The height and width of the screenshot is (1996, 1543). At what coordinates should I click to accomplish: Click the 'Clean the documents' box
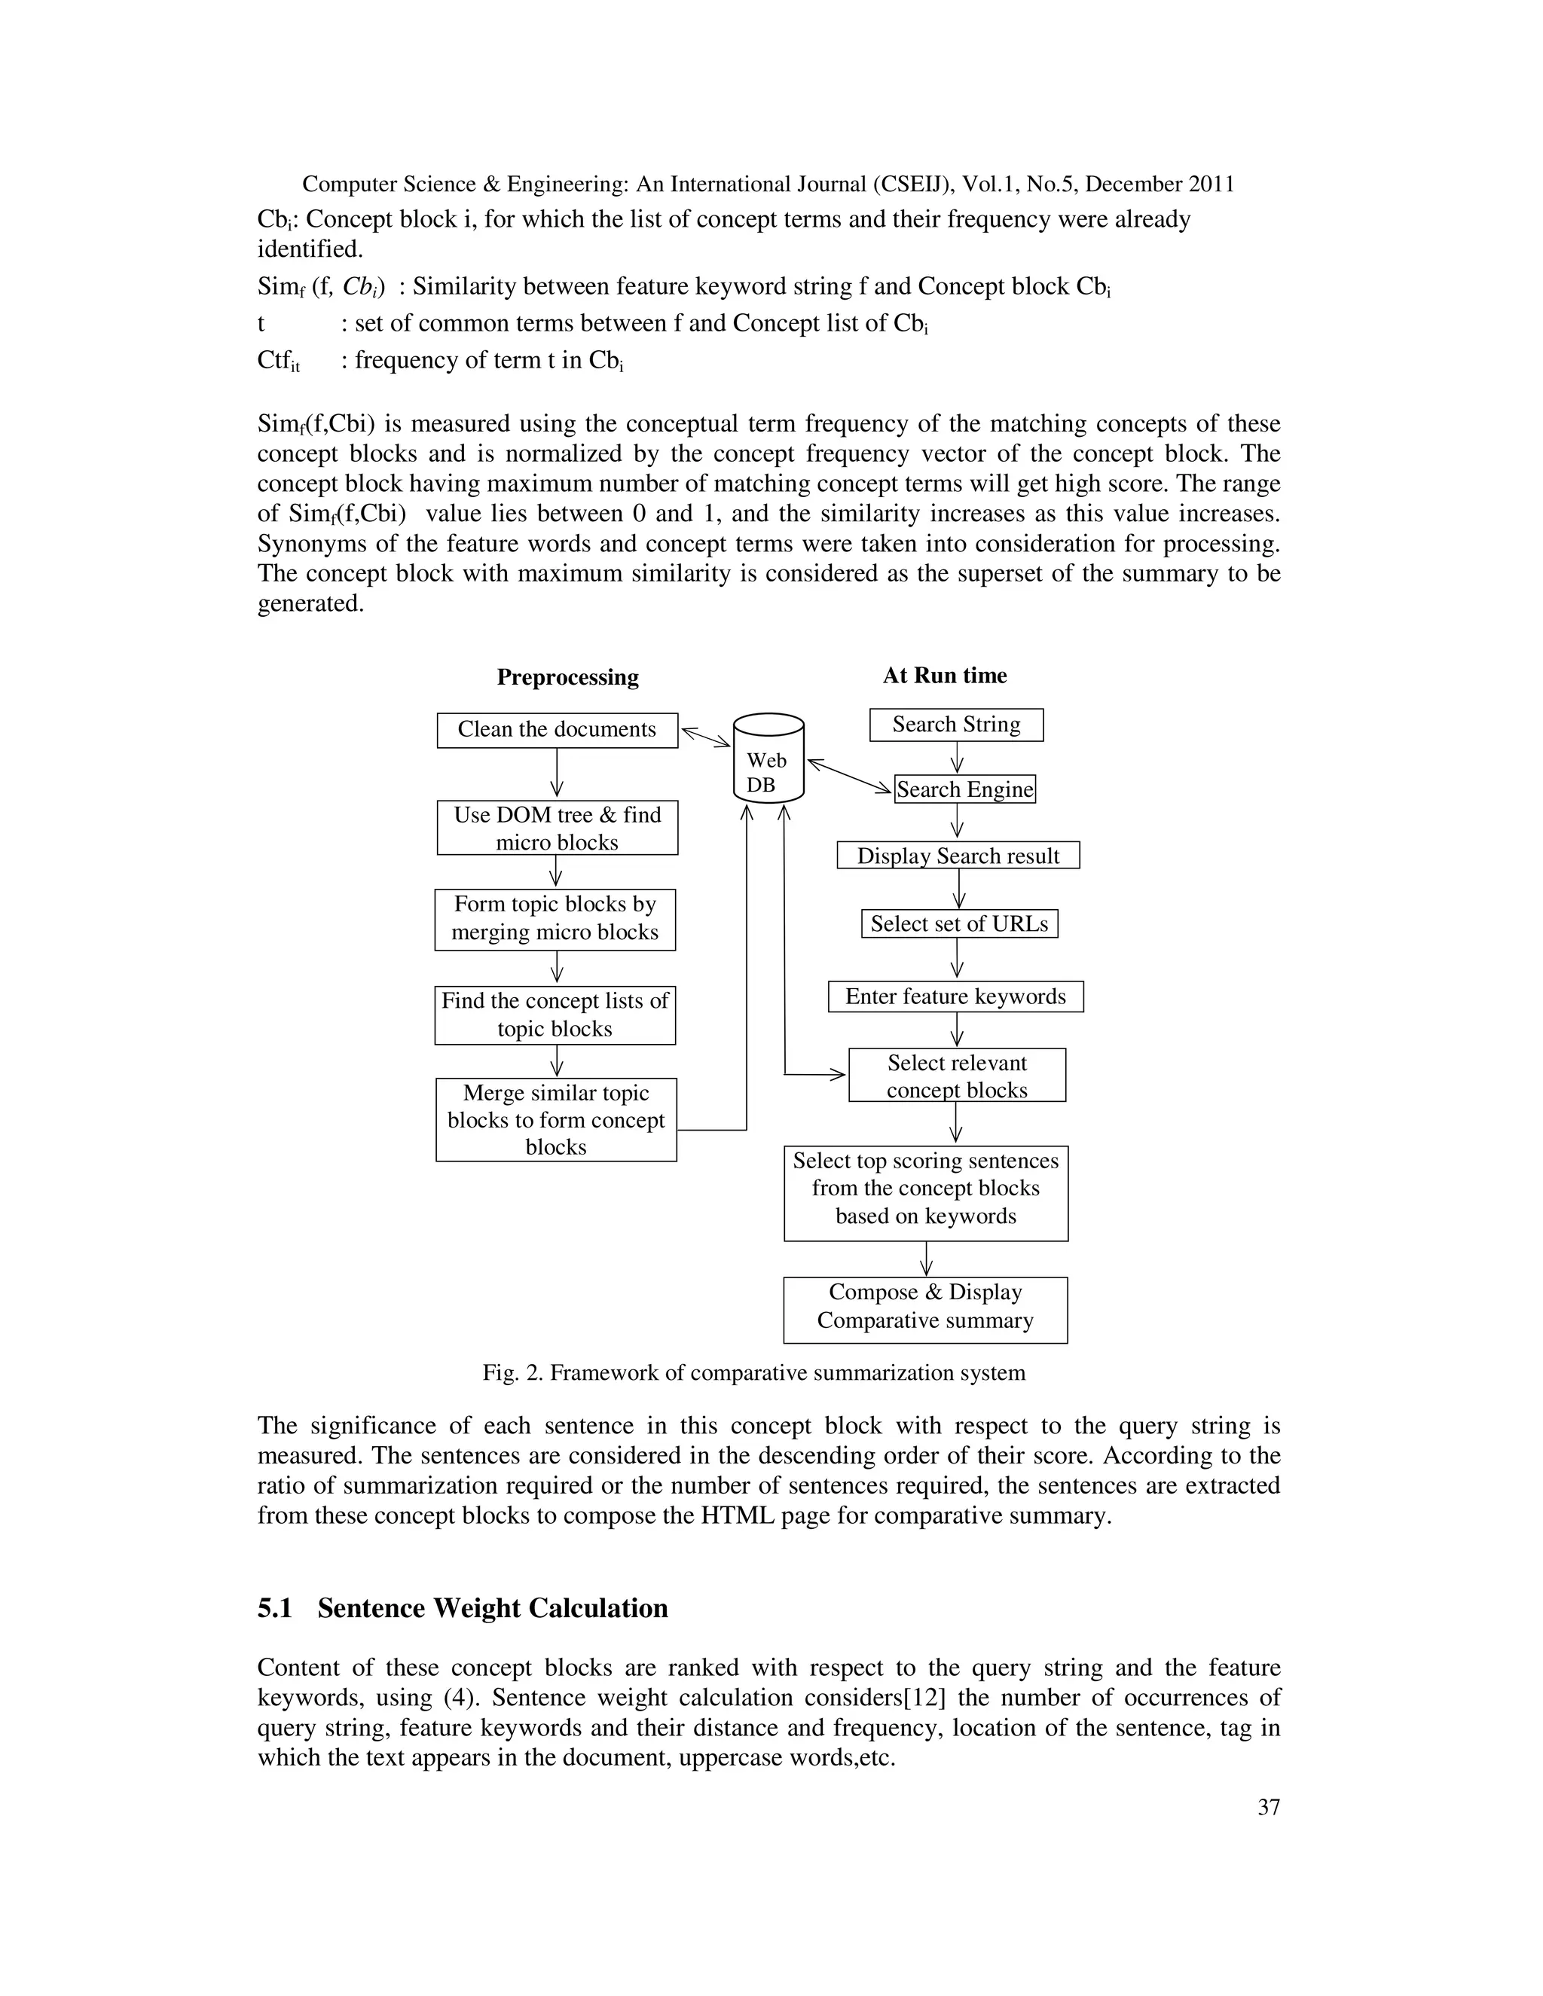557,729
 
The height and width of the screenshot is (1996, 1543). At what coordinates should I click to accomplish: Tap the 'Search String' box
955,725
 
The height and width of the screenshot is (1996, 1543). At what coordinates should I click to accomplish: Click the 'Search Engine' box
964,789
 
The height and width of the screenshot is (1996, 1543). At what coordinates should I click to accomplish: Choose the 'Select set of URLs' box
959,924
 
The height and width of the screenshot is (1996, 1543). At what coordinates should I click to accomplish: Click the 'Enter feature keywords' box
955,996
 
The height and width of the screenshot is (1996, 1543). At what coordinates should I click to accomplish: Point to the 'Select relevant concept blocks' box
956,1076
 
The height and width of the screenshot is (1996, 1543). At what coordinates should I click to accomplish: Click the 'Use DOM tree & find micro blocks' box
557,828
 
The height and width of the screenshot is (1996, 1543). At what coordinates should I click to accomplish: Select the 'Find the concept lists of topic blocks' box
555,1015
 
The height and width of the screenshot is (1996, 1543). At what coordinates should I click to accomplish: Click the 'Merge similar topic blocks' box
556,1119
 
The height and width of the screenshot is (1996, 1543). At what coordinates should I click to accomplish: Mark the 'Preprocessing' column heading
567,677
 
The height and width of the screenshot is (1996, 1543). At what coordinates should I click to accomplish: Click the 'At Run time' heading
944,676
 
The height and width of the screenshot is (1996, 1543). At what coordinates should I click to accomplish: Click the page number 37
1268,1807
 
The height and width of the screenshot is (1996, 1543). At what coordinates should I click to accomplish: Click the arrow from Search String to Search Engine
957,757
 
